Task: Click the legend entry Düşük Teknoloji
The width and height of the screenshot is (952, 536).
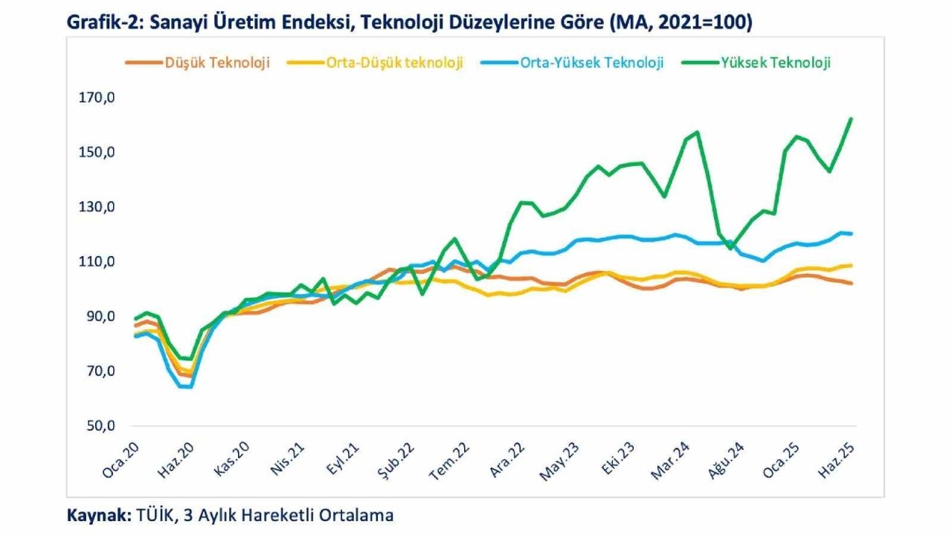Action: coord(218,63)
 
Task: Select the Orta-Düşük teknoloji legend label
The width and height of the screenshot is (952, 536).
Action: coord(394,63)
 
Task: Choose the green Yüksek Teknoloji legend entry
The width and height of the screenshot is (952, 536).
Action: coord(775,63)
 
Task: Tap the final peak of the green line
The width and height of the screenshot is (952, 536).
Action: coord(851,118)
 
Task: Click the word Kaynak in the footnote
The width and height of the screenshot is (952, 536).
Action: coord(97,514)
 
